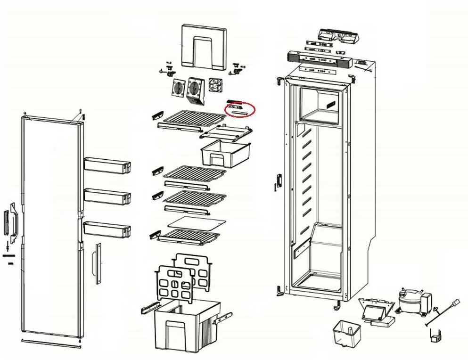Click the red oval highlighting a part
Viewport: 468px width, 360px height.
239,110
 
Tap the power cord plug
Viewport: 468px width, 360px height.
455,304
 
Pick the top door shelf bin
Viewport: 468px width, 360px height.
107,165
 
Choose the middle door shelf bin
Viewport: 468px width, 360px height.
107,196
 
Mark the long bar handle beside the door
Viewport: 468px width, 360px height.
98,263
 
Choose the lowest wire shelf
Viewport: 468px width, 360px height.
190,235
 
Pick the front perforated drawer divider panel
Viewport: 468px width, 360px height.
173,284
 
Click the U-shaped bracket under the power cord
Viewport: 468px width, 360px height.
436,335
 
